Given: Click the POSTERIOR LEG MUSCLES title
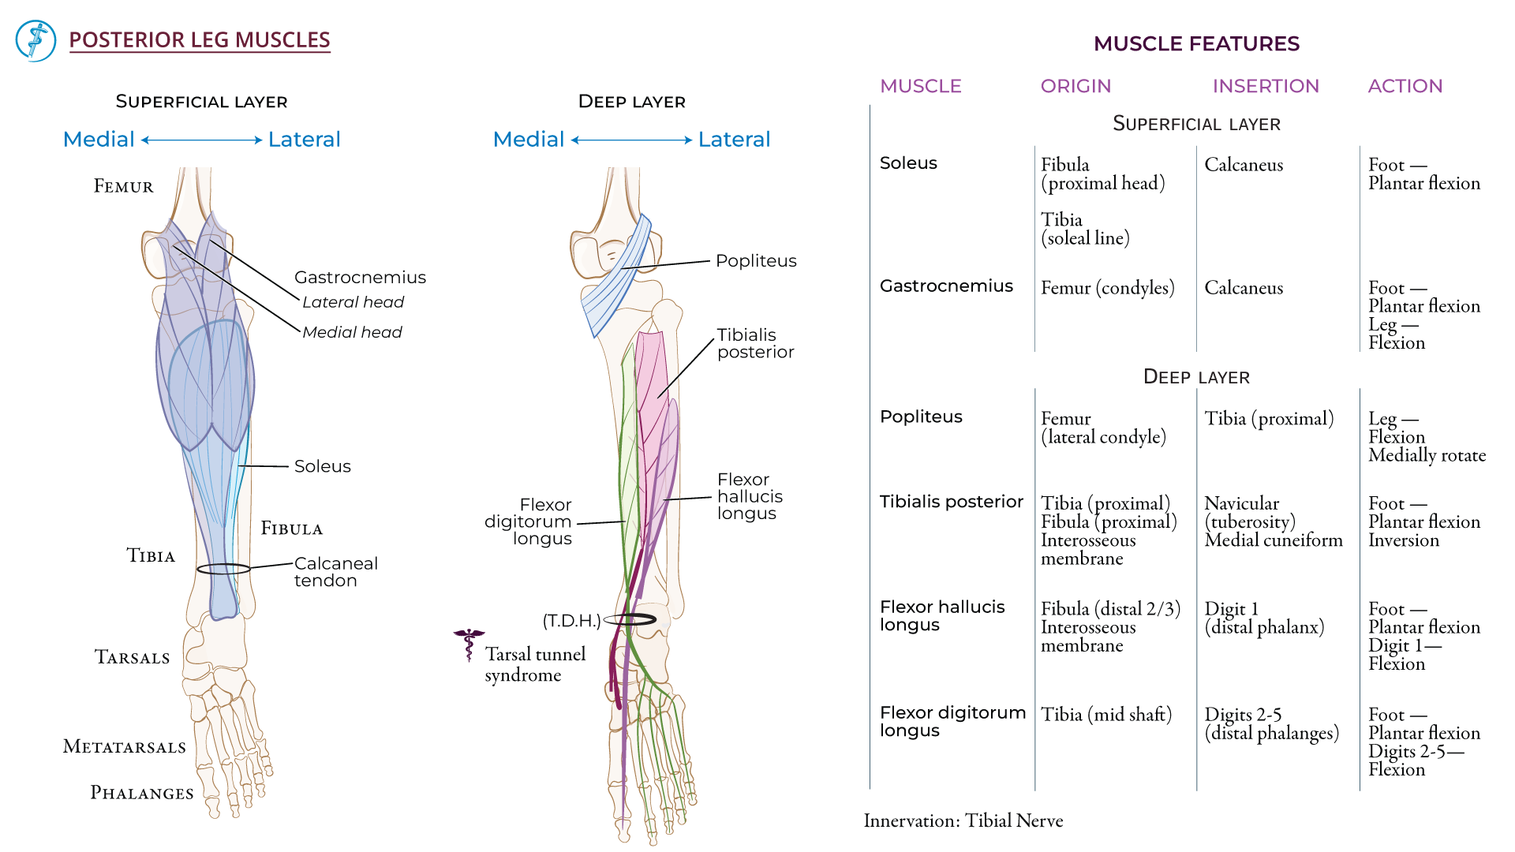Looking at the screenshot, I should pos(199,40).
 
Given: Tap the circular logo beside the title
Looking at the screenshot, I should pos(36,41).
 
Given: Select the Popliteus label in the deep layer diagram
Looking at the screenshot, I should pos(755,261).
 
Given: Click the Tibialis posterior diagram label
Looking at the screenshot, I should pos(754,344).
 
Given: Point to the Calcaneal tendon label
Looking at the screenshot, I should pos(335,572).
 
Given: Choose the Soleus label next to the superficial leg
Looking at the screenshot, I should pos(322,466).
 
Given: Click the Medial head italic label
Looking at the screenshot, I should pos(352,332).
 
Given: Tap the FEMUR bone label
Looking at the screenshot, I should pos(123,186).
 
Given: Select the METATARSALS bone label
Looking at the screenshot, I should pos(124,746).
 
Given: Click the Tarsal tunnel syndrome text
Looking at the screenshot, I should pos(534,664).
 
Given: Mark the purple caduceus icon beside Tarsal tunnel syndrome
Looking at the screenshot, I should pos(469,644).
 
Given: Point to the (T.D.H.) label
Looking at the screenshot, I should pos(571,621).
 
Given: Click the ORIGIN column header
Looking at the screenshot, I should pos(1075,86).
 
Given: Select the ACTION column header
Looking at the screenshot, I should pos(1405,86).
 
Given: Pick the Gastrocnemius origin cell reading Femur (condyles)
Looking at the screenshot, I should pos(1107,288).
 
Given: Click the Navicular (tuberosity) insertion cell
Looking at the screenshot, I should pos(1250,513).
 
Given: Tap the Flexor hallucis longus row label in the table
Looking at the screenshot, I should pos(941,615).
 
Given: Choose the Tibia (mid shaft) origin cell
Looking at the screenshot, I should pos(1105,715).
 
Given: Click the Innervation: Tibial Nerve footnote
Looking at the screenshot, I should pos(963,821).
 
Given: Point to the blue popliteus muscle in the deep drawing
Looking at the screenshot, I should pos(617,276).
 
